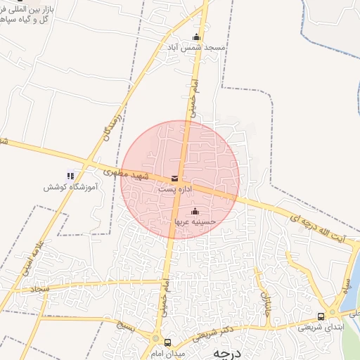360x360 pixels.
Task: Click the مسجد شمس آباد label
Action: tap(202, 48)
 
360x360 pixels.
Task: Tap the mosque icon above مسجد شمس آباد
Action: tap(196, 37)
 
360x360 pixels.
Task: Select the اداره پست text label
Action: tap(174, 190)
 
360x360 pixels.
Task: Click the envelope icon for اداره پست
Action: tap(174, 179)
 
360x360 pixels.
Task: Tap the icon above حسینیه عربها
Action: tap(195, 212)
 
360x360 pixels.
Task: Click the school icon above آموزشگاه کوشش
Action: tap(70, 176)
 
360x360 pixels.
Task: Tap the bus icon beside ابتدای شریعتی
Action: tap(321, 316)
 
